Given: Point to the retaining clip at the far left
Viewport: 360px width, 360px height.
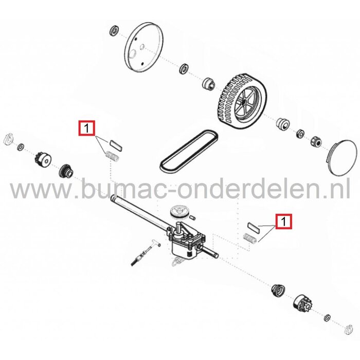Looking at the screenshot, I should [8, 138].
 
